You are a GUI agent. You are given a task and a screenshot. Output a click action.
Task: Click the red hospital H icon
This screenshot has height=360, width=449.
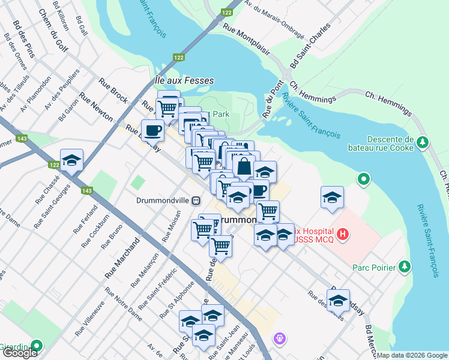pos(342,233)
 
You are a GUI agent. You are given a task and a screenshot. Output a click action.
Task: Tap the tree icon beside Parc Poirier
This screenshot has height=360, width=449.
pos(406,266)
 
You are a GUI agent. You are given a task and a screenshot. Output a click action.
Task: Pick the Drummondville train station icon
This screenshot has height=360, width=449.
pos(196,201)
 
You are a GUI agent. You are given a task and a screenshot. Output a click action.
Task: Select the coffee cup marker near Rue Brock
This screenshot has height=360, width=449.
pos(152,130)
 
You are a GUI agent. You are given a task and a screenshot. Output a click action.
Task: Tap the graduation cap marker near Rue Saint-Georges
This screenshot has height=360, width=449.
pos(71,160)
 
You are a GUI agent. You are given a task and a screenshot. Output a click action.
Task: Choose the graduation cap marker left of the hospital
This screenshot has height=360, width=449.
pos(332,198)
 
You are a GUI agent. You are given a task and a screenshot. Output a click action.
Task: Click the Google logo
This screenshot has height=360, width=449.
pos(20,353)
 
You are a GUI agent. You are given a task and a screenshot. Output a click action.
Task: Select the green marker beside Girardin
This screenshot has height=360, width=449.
pos(37,346)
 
